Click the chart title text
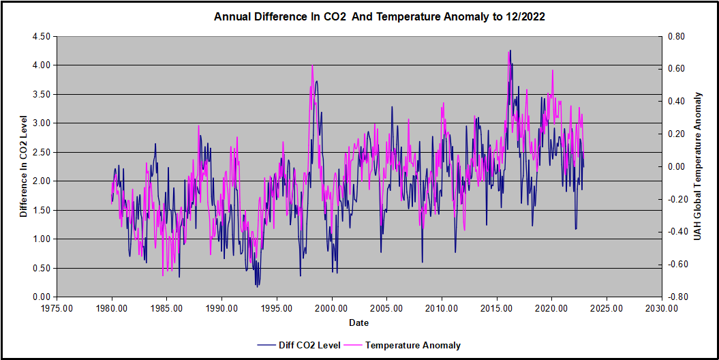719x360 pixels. pos(379,16)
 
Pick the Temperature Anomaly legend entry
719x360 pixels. pos(412,345)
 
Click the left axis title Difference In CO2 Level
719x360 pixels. pos(23,166)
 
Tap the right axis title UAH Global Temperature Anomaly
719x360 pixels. pos(697,166)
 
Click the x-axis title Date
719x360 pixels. pos(359,322)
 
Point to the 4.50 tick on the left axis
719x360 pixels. pos(40,36)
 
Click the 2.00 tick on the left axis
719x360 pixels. pos(40,181)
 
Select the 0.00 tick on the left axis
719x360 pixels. pos(40,297)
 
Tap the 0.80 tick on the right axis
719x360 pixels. pos(677,36)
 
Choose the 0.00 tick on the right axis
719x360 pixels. pos(677,166)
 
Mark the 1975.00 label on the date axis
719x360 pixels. pos(57,308)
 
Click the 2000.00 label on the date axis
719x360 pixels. pos(332,308)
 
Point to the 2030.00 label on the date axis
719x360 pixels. pos(662,308)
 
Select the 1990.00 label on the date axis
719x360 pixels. pos(222,308)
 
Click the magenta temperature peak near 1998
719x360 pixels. pos(312,65)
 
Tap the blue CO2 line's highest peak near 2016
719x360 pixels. pos(510,50)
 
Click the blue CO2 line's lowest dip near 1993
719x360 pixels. pos(257,286)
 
